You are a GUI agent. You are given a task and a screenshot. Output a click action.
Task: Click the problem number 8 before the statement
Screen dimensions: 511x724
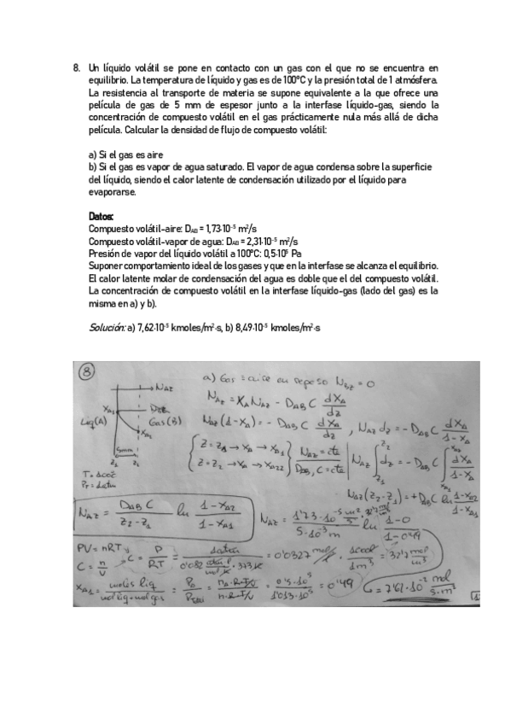77,67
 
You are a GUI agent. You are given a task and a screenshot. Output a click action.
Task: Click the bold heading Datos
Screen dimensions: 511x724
101,218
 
